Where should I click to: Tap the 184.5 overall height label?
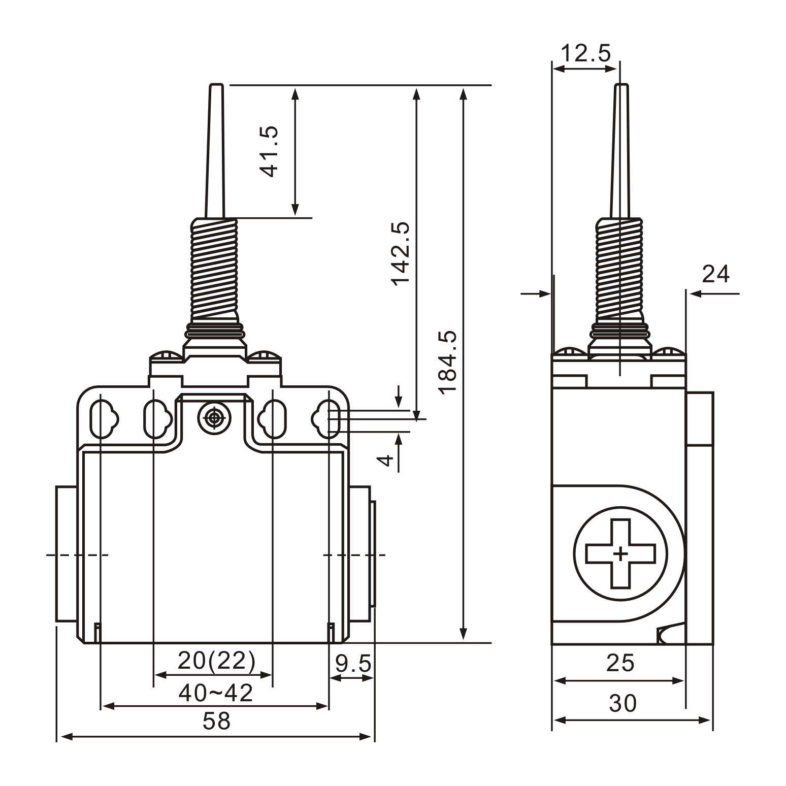pos(448,362)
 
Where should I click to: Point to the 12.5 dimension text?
pos(586,53)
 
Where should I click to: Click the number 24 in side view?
pos(715,275)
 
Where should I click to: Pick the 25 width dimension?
pos(620,663)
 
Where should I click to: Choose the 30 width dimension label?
pos(623,704)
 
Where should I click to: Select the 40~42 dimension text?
pos(216,693)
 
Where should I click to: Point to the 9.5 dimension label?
pos(353,663)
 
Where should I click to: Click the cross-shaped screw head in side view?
pos(620,553)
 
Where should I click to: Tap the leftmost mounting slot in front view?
pos(103,419)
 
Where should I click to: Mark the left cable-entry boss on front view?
pos(65,554)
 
